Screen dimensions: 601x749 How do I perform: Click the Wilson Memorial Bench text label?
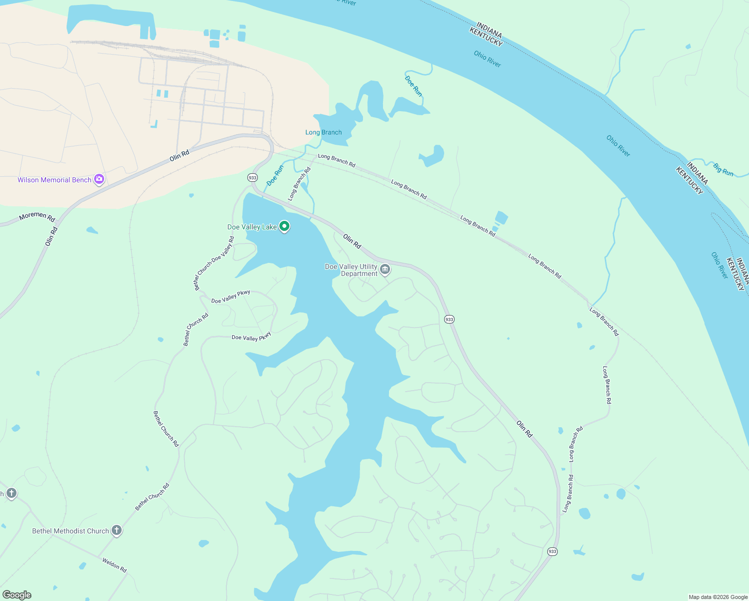tap(54, 180)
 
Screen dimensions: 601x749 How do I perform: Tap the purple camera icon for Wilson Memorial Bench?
tap(99, 179)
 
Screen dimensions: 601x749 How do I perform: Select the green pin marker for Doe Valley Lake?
tap(284, 227)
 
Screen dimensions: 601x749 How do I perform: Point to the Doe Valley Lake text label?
tap(252, 227)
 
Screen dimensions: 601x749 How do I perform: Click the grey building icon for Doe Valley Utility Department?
tap(385, 270)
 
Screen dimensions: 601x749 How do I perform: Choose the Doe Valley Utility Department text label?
tap(351, 270)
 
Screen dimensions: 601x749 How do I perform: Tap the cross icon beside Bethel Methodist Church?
tap(117, 530)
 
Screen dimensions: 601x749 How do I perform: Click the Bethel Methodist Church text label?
tap(70, 531)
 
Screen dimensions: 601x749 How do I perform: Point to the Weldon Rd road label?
tap(115, 565)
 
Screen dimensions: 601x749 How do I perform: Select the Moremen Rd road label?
tap(37, 216)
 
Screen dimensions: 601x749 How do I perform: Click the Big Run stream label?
tap(723, 169)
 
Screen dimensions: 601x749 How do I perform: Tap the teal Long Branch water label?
tap(323, 132)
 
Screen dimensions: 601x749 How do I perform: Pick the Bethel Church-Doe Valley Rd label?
tap(214, 263)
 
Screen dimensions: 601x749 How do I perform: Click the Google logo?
tap(17, 595)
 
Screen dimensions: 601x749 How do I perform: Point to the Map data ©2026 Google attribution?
tap(718, 597)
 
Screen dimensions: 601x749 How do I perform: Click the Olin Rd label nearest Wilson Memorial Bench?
tap(179, 155)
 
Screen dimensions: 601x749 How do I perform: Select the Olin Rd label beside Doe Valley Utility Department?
tap(352, 241)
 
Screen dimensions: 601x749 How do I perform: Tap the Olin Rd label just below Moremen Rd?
tap(52, 236)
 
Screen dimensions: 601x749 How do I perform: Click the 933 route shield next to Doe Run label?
tap(252, 178)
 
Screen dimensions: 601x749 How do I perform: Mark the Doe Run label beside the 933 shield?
tap(275, 175)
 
